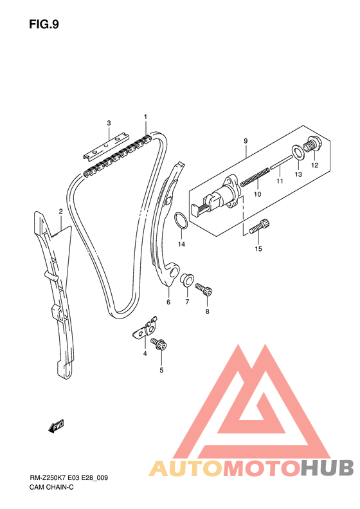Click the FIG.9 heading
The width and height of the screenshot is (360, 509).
point(44,24)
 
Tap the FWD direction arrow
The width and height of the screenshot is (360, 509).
point(56,426)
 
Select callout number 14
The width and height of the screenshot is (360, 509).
point(181,244)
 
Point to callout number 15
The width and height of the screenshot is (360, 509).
point(258,248)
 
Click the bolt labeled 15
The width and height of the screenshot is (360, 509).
point(260,227)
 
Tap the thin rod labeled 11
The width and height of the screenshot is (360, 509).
point(281,162)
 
